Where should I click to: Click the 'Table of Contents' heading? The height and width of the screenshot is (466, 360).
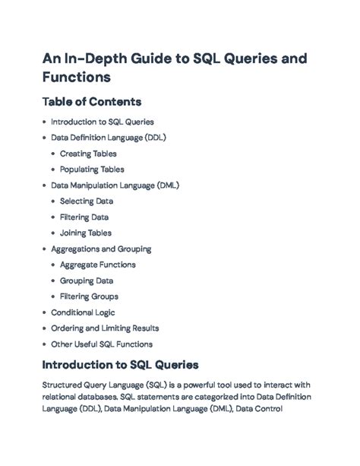point(92,101)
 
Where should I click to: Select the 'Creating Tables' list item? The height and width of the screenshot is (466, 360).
point(88,154)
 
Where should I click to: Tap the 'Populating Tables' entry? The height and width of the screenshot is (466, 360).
point(92,170)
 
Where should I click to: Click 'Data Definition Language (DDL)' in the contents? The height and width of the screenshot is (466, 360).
point(109,138)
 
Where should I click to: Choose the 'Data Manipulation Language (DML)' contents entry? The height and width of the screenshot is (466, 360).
point(115,185)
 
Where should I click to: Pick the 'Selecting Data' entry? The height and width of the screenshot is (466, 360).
point(87,201)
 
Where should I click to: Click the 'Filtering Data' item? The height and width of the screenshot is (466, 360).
point(84,217)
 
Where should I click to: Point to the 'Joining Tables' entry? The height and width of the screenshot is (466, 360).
point(86,233)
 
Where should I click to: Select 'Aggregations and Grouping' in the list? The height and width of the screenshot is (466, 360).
point(101,249)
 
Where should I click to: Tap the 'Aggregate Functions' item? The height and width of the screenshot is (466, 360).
point(98,265)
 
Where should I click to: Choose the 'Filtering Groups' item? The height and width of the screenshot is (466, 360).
point(89,296)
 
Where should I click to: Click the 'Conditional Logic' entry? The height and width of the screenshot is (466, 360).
point(83,312)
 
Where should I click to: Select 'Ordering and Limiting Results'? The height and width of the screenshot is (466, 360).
point(105,328)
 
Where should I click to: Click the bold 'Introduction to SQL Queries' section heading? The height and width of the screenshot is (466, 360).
point(121,365)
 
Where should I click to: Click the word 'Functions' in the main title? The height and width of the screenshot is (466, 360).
point(77,77)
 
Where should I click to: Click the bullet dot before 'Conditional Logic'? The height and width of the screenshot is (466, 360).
point(44,312)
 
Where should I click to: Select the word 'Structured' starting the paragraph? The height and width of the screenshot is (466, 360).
point(65,385)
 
